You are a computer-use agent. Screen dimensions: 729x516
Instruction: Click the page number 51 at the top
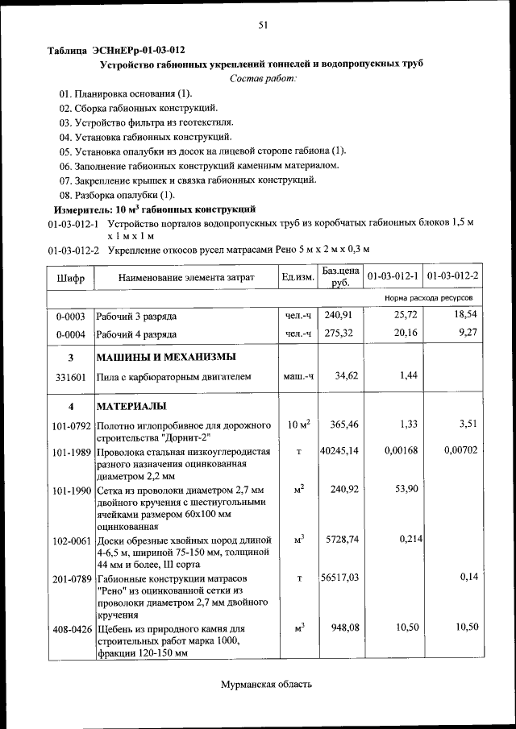pyautogui.click(x=263, y=25)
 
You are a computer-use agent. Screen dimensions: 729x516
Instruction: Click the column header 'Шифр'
pyautogui.click(x=70, y=277)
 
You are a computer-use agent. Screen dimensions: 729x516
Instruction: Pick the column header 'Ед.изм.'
pyautogui.click(x=298, y=277)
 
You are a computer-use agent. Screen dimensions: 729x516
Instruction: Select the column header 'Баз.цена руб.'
pyautogui.click(x=339, y=277)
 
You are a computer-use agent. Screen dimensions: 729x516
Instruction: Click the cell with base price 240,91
pyautogui.click(x=339, y=315)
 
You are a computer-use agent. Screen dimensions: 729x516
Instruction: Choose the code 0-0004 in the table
pyautogui.click(x=70, y=333)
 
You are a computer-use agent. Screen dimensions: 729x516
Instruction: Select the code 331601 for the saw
pyautogui.click(x=70, y=375)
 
